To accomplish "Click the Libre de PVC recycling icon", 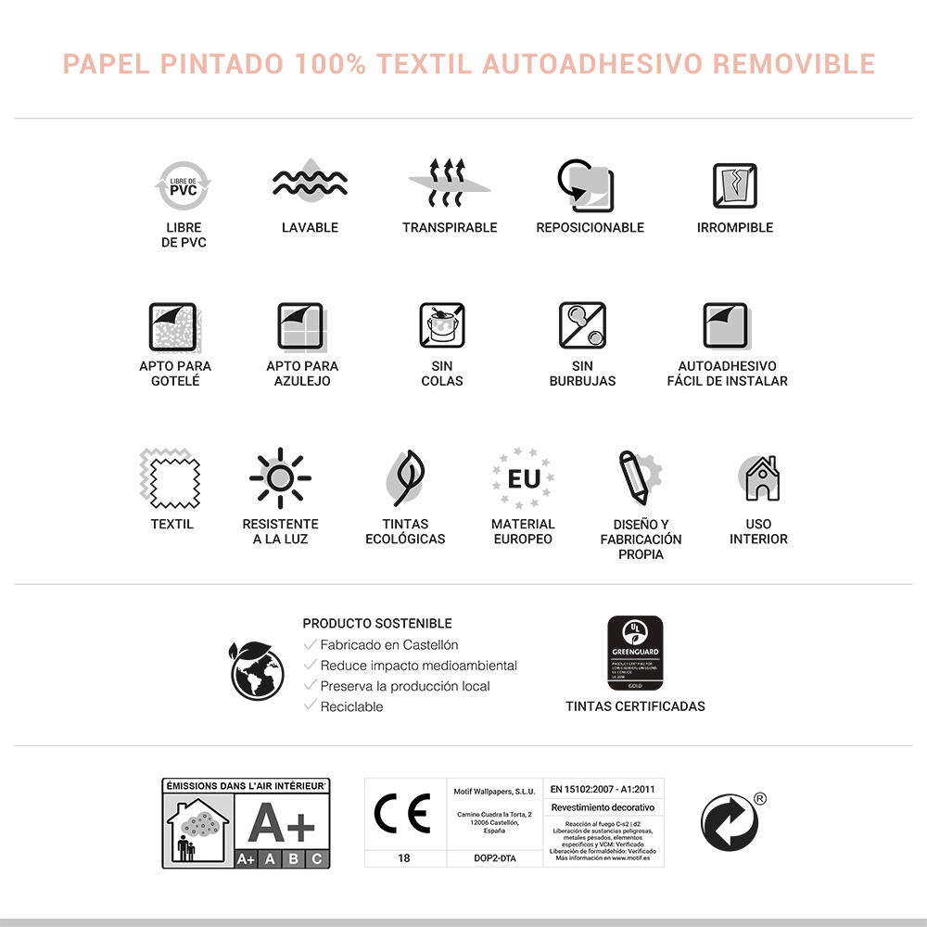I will click(183, 185).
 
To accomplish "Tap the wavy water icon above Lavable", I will click(310, 184).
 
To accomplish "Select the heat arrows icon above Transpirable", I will click(450, 184).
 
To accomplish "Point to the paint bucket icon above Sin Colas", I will click(442, 325).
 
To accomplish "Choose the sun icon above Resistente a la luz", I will click(280, 478).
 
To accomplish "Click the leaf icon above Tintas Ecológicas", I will click(405, 478).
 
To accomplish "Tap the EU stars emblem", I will click(523, 478).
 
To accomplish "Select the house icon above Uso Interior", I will click(759, 478).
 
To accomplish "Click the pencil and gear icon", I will click(638, 478).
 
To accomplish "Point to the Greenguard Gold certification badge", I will click(635, 653).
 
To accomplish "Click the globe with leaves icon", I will click(257, 668).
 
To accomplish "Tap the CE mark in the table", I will click(402, 814).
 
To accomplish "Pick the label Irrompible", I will click(734, 227).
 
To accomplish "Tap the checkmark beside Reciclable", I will click(311, 705).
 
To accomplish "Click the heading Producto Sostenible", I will click(377, 624).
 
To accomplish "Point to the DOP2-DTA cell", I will click(494, 858).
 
